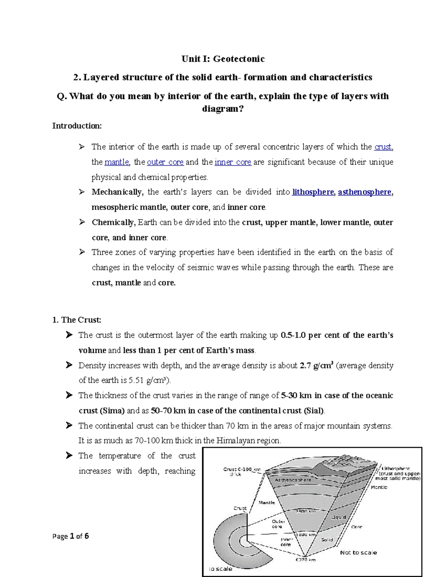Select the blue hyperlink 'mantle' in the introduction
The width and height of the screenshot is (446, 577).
(117, 162)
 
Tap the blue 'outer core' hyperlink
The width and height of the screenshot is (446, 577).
(165, 162)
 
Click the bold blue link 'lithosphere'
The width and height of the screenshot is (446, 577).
(313, 192)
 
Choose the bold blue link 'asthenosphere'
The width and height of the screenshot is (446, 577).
(364, 192)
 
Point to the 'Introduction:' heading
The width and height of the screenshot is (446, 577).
(77, 126)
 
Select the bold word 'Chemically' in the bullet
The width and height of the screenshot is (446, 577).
(113, 223)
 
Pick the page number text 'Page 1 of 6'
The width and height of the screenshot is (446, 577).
(71, 536)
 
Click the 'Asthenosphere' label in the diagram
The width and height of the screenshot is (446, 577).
(293, 480)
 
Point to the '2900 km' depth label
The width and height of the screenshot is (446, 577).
(305, 511)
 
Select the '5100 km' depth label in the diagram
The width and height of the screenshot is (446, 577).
(307, 535)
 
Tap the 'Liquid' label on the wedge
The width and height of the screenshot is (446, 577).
(338, 517)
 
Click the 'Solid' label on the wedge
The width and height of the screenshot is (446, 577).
(327, 539)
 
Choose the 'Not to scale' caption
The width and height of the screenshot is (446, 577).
(358, 552)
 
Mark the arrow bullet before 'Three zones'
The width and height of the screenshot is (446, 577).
(82, 252)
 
